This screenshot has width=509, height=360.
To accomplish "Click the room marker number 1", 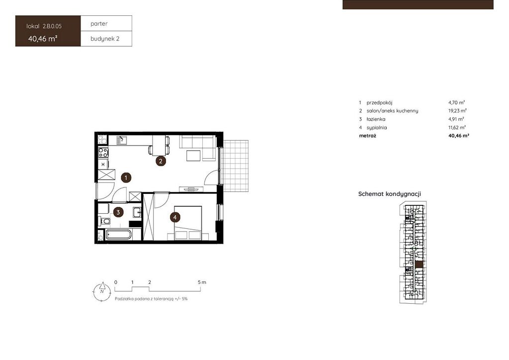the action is [126, 178].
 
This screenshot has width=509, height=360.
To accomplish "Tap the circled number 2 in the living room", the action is [161, 161].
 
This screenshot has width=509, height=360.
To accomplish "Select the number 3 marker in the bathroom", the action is [118, 213].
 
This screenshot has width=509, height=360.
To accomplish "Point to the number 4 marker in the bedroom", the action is [175, 217].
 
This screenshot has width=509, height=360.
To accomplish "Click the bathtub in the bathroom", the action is [119, 234].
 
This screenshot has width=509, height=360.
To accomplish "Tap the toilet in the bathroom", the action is [104, 222].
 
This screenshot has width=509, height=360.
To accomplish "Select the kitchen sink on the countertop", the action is [122, 140].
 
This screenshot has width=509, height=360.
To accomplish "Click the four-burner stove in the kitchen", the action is [103, 152].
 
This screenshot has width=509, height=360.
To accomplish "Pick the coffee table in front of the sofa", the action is [193, 156].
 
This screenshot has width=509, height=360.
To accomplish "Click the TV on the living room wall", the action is [191, 189].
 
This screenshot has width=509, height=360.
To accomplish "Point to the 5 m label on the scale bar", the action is [202, 282].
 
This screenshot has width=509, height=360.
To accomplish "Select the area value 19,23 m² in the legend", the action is [457, 111].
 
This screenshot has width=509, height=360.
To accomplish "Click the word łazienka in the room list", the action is [376, 119].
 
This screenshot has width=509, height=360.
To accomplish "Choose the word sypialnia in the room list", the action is [377, 128].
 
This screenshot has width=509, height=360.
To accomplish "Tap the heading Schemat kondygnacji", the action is [390, 194].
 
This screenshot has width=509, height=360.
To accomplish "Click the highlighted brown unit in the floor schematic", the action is [419, 265].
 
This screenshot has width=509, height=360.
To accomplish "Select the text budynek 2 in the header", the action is [105, 39].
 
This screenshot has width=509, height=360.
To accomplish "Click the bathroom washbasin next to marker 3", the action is [137, 212].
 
